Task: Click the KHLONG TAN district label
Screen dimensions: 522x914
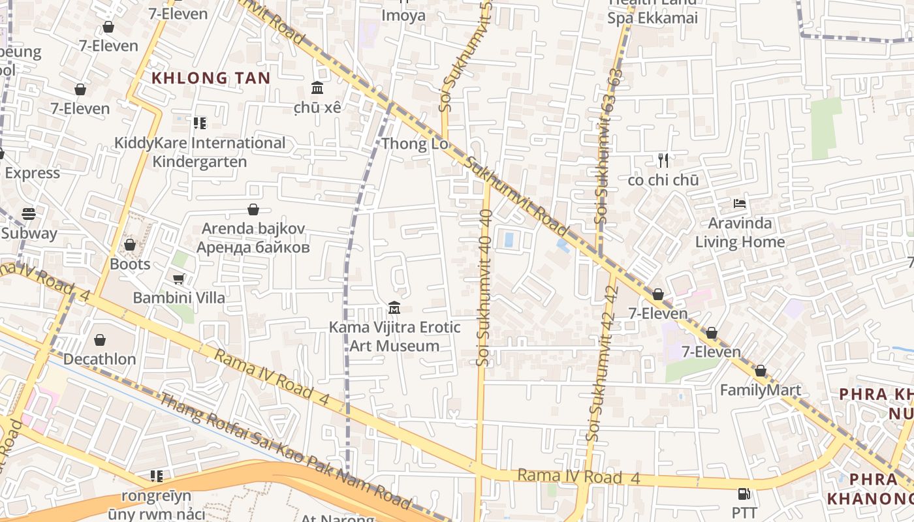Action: pyautogui.click(x=211, y=78)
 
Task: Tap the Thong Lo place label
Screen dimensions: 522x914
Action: pyautogui.click(x=415, y=144)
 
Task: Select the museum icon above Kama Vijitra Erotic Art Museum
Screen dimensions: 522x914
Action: pyautogui.click(x=394, y=307)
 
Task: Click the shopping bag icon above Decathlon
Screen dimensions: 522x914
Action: pyautogui.click(x=100, y=340)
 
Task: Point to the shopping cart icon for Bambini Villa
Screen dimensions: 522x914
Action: pyautogui.click(x=178, y=279)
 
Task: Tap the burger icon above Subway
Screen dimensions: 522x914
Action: pyautogui.click(x=28, y=213)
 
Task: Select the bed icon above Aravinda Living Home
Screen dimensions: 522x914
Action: pyautogui.click(x=739, y=204)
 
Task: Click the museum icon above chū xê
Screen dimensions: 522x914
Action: pyautogui.click(x=317, y=88)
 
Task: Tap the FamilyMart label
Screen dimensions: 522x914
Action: pyautogui.click(x=760, y=390)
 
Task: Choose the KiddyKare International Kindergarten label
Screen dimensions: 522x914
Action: pyautogui.click(x=200, y=152)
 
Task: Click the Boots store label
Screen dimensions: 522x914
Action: pyautogui.click(x=130, y=264)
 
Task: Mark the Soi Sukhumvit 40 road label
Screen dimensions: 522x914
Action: pyautogui.click(x=484, y=287)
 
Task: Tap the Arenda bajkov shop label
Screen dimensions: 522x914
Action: pyautogui.click(x=253, y=238)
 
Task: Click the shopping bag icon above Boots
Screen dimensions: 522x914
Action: pyautogui.click(x=130, y=245)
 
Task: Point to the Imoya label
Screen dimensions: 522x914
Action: pyautogui.click(x=403, y=16)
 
